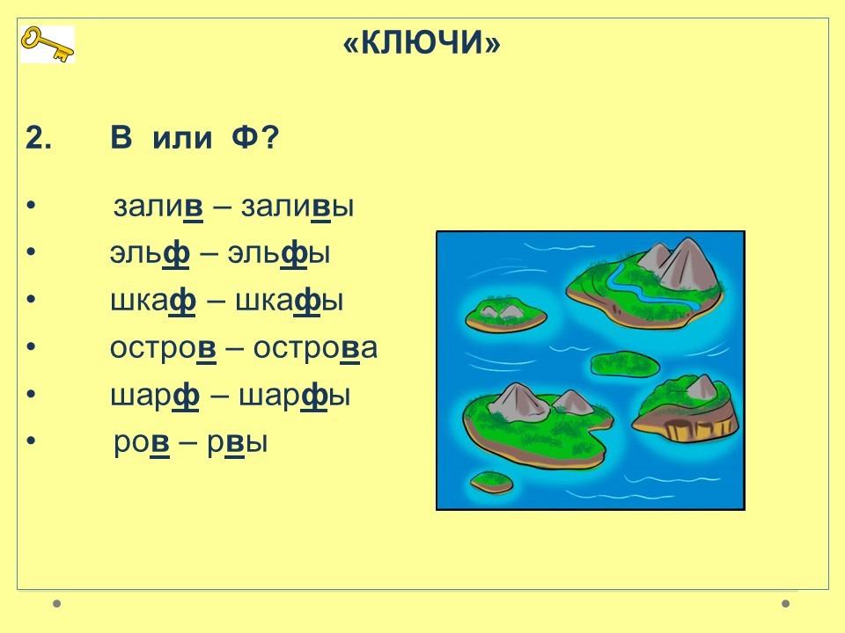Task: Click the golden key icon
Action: pos(48,44)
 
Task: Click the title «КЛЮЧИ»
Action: pos(422,42)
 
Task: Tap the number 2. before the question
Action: pos(39,138)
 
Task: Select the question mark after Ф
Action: pos(269,138)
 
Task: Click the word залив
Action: pos(158,207)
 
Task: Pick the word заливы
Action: pos(298,207)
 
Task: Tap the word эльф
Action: pos(150,253)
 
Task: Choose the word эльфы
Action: pos(279,253)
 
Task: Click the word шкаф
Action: pos(153,301)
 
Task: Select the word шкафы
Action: pos(290,301)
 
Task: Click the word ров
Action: pos(142,443)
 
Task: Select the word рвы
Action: pos(238,443)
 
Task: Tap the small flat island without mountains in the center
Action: pos(625,364)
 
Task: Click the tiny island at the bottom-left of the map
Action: pos(491,481)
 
